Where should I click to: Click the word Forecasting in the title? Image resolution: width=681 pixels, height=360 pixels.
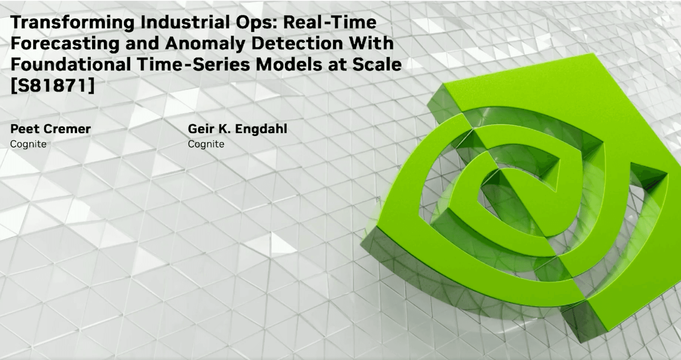coord(65,44)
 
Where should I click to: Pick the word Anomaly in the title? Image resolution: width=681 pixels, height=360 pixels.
coord(205,44)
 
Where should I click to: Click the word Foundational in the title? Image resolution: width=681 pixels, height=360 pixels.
coord(71,64)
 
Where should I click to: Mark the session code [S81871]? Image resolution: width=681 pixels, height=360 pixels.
coord(53,86)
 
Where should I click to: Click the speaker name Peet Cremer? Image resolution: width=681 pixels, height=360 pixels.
coord(50,129)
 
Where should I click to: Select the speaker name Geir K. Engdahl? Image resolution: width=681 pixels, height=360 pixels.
coord(237,129)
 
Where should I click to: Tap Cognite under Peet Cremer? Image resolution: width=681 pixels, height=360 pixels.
coord(28,144)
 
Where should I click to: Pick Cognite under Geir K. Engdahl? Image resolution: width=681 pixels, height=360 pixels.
coord(206,144)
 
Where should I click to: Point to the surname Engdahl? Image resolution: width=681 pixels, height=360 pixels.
coord(261,129)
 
